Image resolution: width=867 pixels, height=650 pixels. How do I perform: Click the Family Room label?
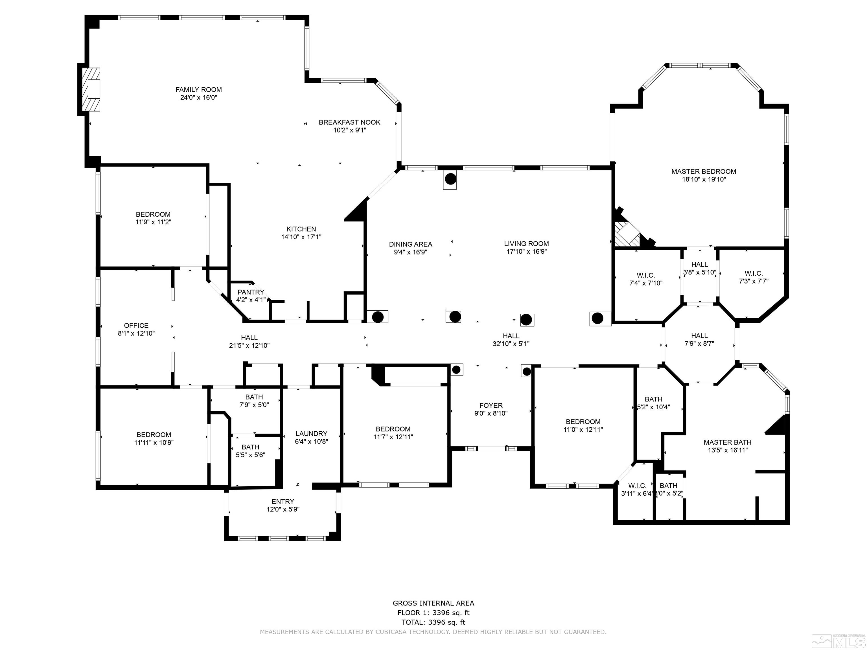tap(198, 90)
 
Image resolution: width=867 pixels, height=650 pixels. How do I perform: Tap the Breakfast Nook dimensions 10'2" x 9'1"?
tap(350, 130)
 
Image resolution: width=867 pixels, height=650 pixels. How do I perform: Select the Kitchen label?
tap(301, 229)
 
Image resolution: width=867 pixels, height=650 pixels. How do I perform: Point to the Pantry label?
tap(251, 292)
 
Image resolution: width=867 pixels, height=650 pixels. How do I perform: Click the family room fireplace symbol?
tap(91, 89)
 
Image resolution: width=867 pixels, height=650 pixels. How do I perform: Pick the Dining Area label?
tap(410, 244)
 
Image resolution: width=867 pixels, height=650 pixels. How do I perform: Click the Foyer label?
tap(491, 405)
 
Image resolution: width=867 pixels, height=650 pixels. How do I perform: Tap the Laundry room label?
tap(311, 433)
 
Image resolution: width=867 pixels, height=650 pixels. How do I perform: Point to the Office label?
tap(136, 326)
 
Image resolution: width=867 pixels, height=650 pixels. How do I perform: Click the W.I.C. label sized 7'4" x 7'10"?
tap(645, 275)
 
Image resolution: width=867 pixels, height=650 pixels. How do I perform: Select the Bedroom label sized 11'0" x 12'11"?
tap(583, 421)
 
